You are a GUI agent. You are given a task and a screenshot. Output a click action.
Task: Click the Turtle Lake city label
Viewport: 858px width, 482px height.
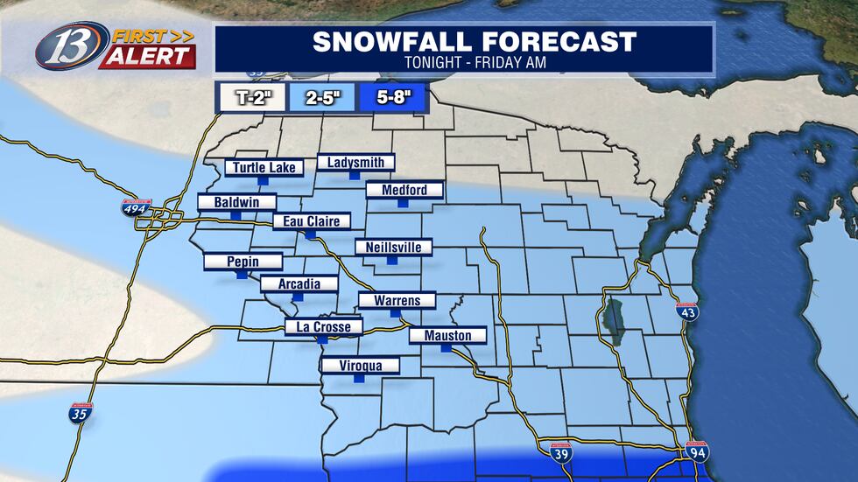pos(265,167)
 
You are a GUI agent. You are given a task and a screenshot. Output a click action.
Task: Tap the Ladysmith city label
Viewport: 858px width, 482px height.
pos(355,162)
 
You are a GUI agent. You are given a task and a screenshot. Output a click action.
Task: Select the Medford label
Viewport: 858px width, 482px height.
pos(404,190)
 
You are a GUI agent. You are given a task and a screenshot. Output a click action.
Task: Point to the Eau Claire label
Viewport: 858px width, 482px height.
pos(311,221)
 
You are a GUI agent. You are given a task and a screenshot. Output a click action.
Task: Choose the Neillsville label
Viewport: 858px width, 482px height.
pos(393,248)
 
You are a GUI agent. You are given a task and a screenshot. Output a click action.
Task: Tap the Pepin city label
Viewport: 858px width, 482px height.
pos(243,262)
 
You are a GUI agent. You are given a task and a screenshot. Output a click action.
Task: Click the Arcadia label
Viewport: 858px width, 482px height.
pos(299,284)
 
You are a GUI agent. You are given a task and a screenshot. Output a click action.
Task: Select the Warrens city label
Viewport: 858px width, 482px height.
pos(397,301)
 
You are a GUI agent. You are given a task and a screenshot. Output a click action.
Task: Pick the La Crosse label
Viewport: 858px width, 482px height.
pos(323,328)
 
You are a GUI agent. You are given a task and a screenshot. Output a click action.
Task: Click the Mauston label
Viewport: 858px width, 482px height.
pos(447,336)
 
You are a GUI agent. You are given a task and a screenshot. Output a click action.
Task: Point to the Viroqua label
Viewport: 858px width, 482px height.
pos(360,366)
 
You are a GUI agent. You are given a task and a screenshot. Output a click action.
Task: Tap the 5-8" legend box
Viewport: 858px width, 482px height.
pos(390,98)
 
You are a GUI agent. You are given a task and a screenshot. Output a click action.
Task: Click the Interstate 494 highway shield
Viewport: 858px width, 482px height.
pos(137,207)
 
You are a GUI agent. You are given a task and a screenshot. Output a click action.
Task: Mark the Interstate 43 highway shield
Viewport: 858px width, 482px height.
pos(687,311)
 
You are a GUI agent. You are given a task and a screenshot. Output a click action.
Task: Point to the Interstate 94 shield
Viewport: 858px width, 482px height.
pos(698,452)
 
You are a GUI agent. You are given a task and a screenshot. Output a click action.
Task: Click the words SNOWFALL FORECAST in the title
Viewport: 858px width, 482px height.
pos(462,41)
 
